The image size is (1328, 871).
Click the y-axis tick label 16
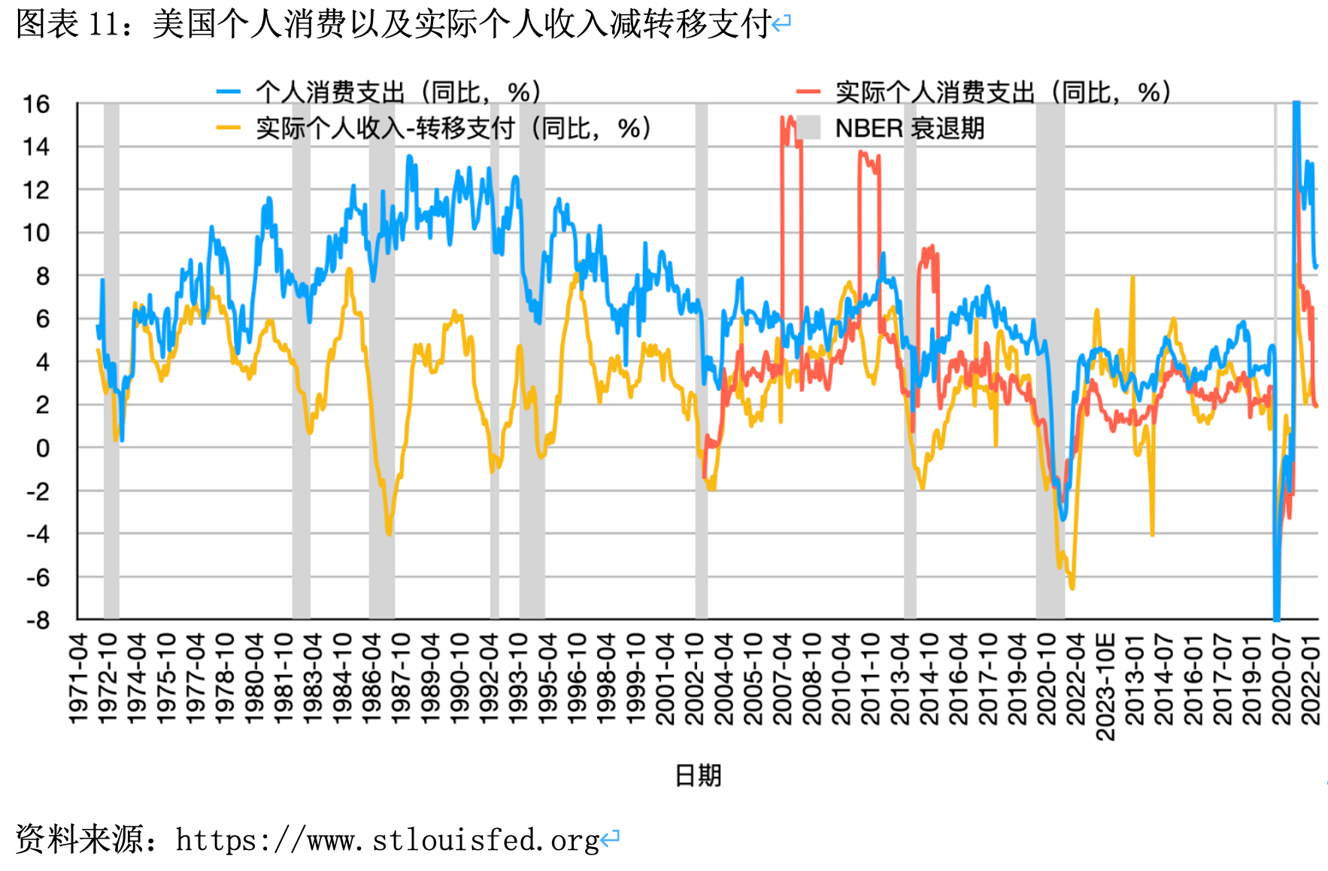point(36,104)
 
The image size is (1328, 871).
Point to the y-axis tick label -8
point(38,621)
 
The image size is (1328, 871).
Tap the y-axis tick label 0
point(42,448)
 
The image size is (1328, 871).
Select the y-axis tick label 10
point(36,233)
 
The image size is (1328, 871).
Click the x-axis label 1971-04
point(78,678)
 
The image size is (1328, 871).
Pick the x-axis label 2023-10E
point(1105,686)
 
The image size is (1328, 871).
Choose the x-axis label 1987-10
point(401,678)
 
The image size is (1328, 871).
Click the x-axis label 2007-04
point(782,678)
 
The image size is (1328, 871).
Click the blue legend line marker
point(229,92)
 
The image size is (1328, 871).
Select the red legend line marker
point(808,92)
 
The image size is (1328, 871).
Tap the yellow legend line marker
point(229,128)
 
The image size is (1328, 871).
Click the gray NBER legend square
point(808,128)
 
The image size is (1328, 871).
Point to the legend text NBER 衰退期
point(910,128)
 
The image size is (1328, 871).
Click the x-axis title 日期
point(698,775)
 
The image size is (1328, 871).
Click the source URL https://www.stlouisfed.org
point(387,839)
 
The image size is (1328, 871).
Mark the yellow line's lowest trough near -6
point(1072,587)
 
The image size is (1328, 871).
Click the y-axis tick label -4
point(38,534)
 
